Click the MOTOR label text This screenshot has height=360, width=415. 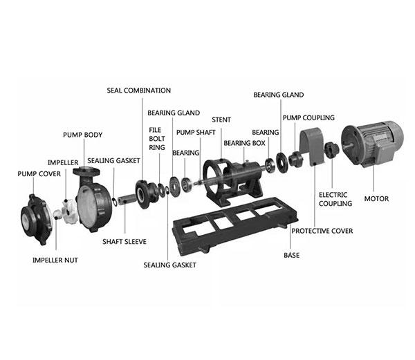pyautogui.click(x=376, y=199)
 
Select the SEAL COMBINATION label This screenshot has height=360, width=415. pyautogui.click(x=138, y=91)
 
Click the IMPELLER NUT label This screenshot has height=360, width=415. pyautogui.click(x=55, y=260)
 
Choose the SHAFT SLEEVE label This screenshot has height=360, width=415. pyautogui.click(x=124, y=242)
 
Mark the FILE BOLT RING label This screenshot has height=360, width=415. pyautogui.click(x=156, y=138)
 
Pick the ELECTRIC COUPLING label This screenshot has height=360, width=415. pyautogui.click(x=335, y=199)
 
